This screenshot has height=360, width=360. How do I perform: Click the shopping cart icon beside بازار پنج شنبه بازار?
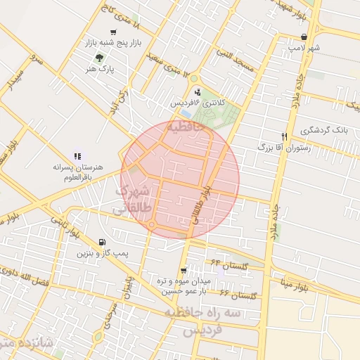click(114, 32)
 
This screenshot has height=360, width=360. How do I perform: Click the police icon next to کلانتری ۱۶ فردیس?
click(197, 91)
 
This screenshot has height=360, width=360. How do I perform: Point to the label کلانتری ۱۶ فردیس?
click(198, 103)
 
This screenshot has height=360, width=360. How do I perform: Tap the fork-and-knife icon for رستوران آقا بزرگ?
click(285, 136)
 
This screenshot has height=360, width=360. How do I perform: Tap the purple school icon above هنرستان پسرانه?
click(77, 156)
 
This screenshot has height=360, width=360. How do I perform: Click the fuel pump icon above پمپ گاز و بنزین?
click(104, 241)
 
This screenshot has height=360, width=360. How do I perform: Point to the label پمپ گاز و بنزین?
click(104, 252)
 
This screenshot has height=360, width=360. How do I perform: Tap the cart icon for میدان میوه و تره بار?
click(184, 271)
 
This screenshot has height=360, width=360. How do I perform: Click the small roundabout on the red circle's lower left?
click(151, 225)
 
